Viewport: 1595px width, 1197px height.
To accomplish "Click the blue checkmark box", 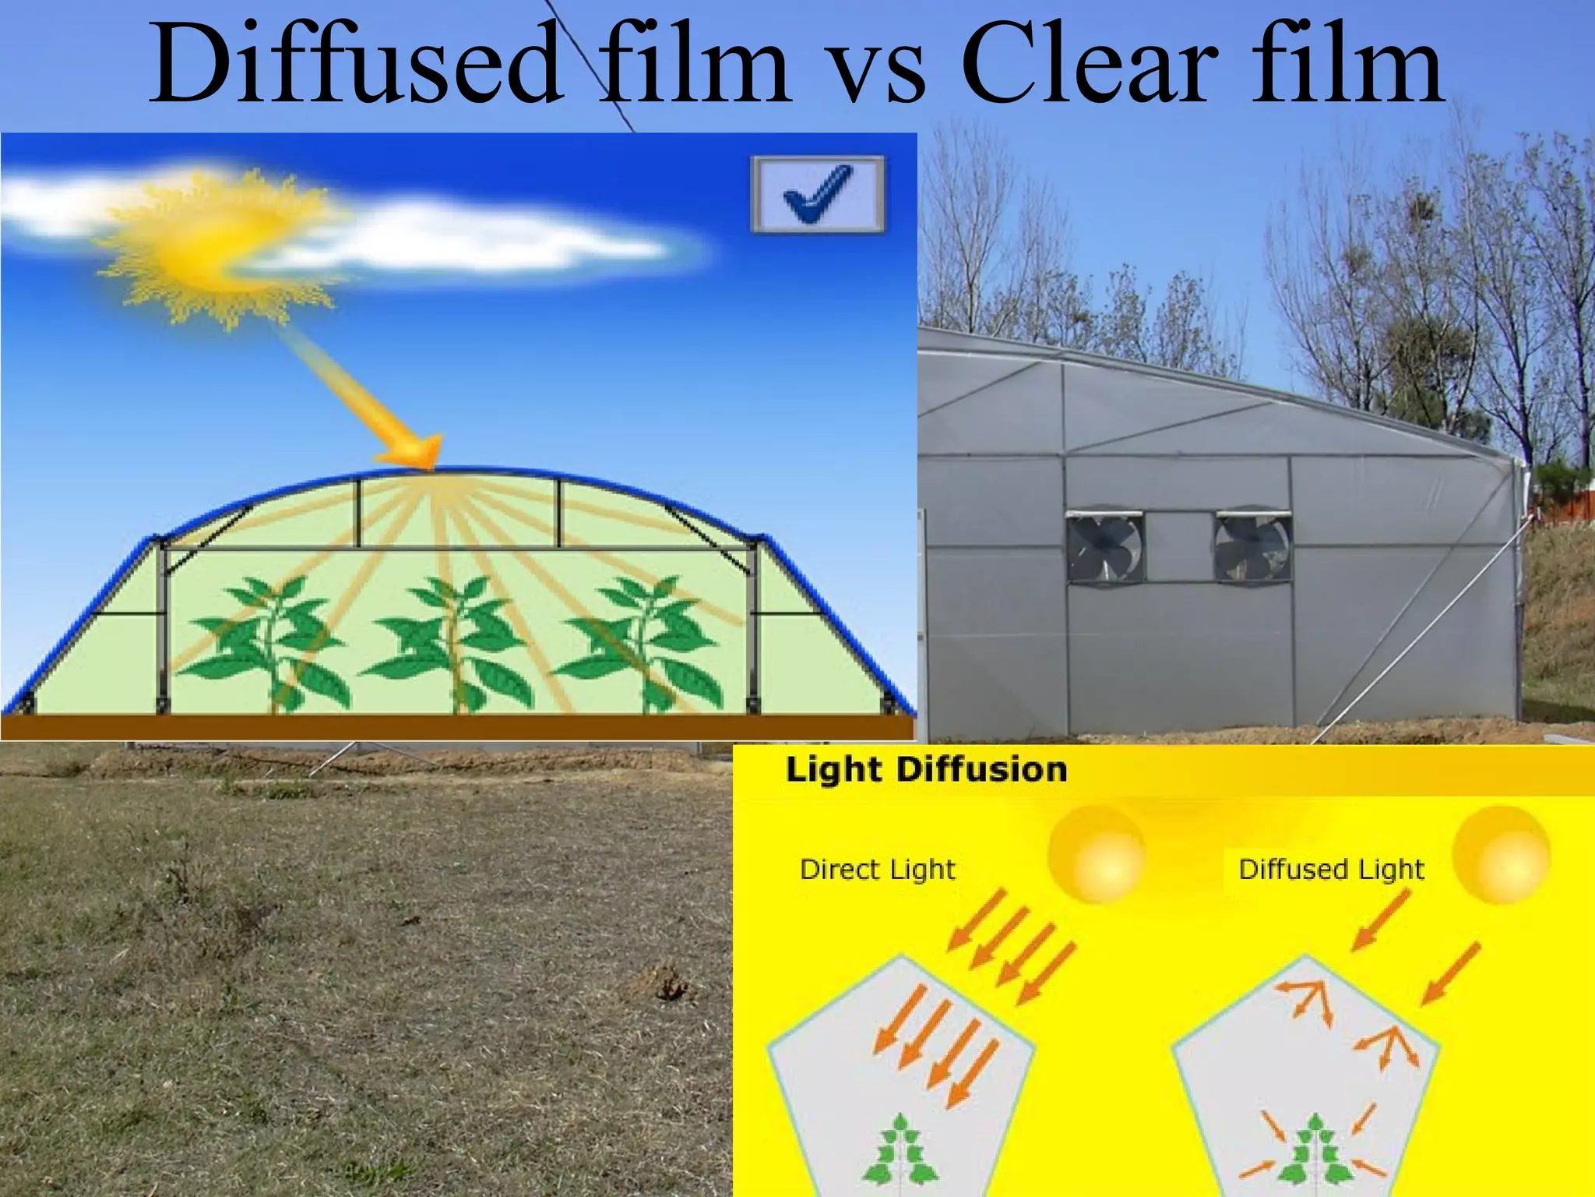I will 818,194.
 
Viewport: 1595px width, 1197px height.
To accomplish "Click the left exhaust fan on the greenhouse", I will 1104,547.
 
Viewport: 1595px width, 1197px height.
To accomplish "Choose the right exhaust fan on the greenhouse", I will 1252,547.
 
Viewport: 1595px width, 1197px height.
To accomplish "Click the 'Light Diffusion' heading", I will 926,770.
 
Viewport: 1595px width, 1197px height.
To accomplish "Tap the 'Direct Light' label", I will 877,869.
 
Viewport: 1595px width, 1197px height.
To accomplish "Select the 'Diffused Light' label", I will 1331,869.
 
